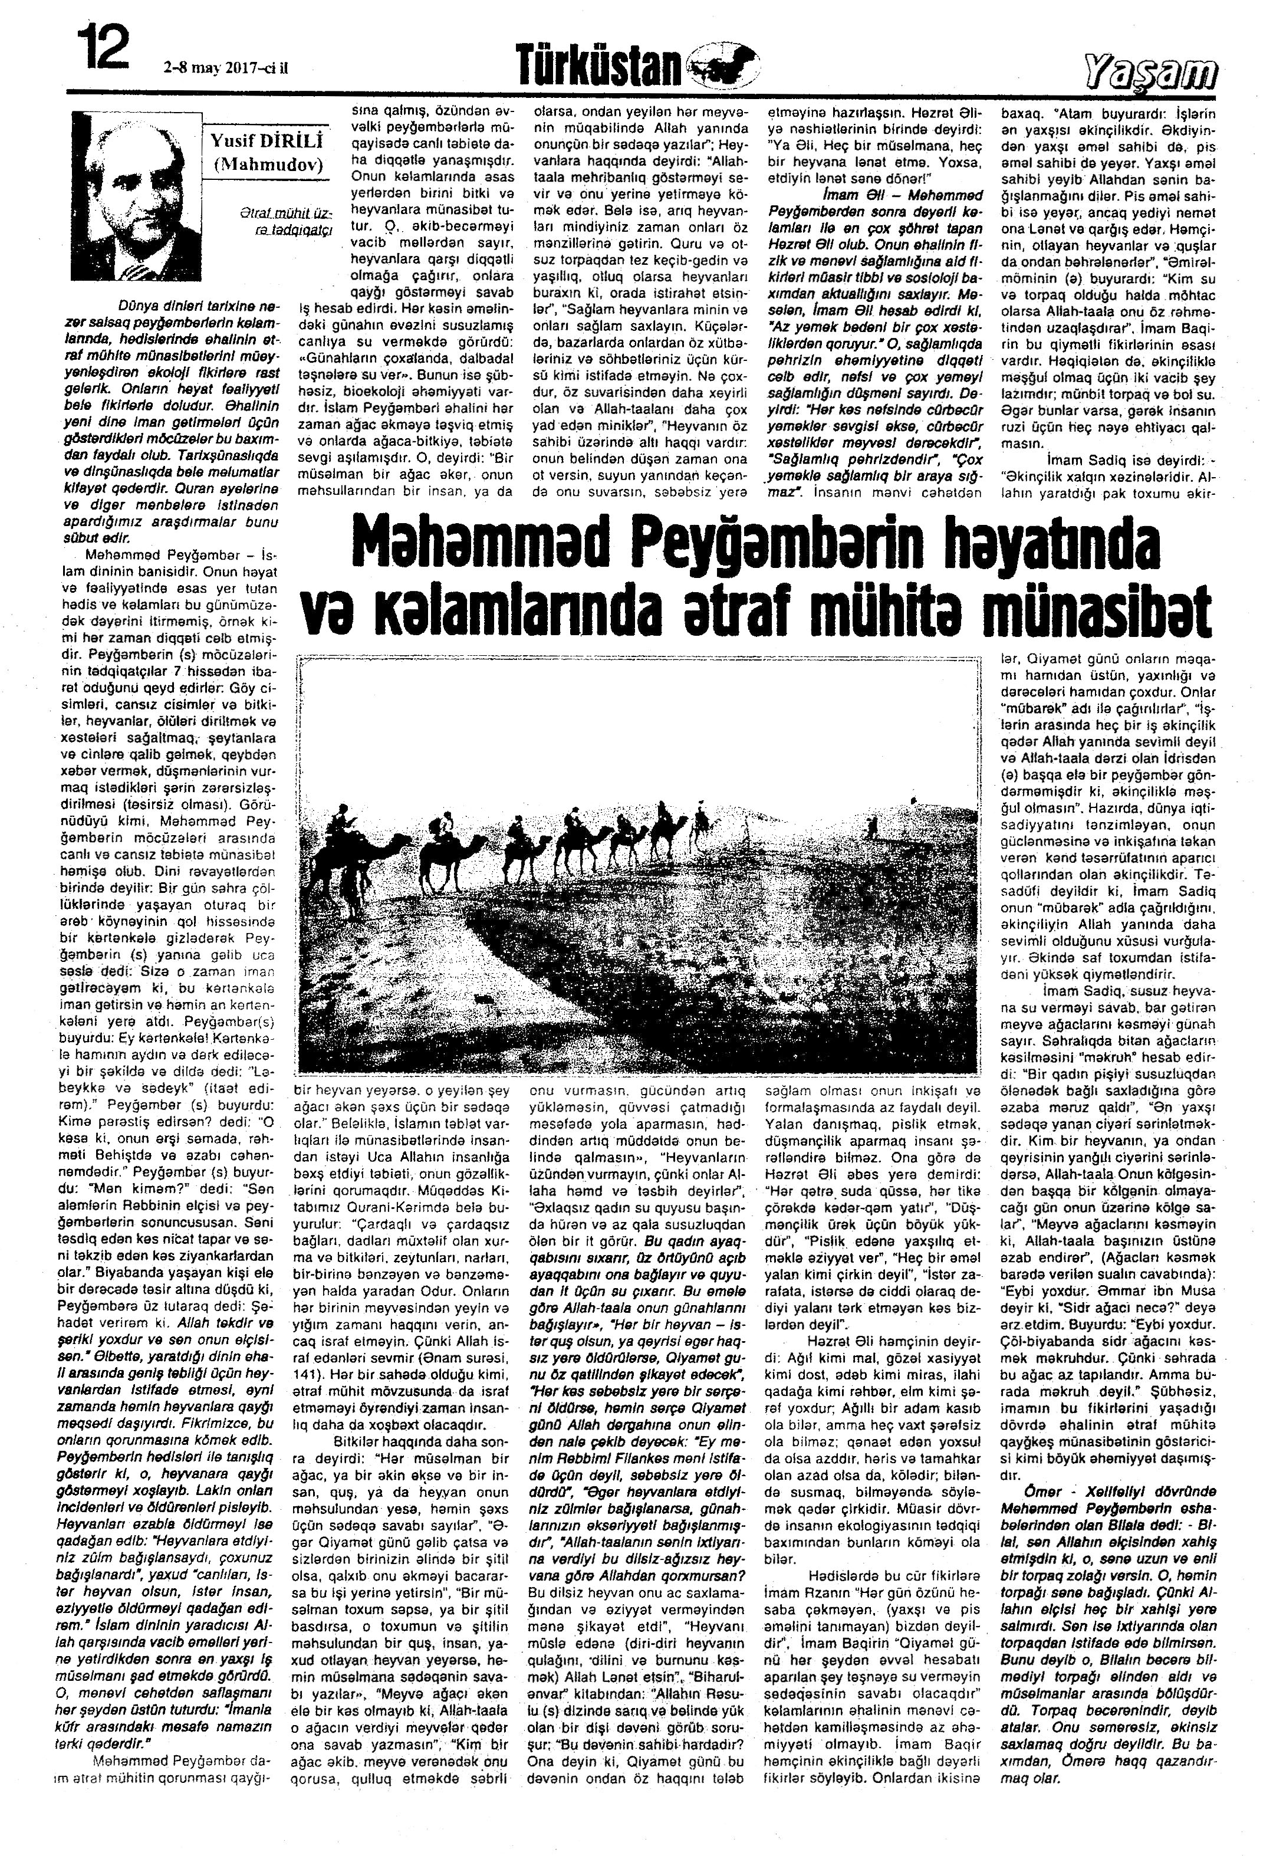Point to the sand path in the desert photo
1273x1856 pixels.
pos(495,990)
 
